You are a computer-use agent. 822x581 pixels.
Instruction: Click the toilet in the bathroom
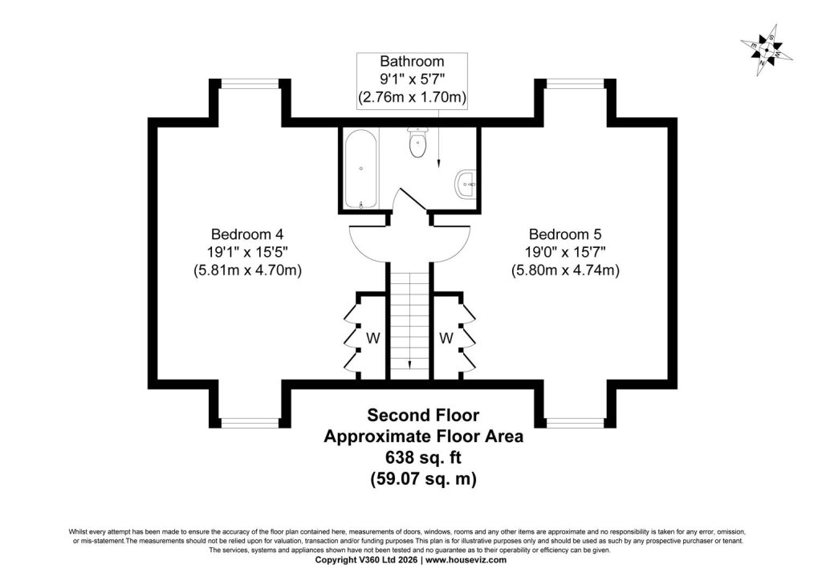[417, 143]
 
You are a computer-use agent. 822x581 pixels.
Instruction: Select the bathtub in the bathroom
[360, 169]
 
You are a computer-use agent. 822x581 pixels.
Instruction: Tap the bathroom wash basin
[466, 184]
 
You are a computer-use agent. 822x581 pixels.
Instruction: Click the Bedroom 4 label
[247, 234]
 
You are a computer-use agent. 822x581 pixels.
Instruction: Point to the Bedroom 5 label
[565, 234]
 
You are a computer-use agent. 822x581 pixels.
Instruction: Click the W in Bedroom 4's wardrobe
[372, 339]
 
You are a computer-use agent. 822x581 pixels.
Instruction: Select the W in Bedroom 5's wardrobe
[446, 339]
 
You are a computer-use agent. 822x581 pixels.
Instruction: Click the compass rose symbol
[767, 51]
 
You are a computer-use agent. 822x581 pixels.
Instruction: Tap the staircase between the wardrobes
[410, 321]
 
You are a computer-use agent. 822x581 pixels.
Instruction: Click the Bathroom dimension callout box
[412, 81]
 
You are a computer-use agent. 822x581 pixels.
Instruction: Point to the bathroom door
[413, 199]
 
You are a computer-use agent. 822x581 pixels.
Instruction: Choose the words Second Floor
[423, 415]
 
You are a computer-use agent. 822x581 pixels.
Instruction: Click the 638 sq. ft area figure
[423, 457]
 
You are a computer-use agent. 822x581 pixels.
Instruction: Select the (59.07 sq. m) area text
[423, 479]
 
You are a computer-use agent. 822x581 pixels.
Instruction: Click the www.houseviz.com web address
[466, 560]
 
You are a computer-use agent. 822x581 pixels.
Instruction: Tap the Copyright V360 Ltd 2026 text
[366, 560]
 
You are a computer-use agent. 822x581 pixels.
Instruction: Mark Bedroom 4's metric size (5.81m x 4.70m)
[247, 270]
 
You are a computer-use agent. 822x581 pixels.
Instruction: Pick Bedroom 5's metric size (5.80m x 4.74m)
[565, 270]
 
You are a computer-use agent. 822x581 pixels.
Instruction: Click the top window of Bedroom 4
[250, 83]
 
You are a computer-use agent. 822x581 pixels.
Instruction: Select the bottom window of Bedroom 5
[575, 423]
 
